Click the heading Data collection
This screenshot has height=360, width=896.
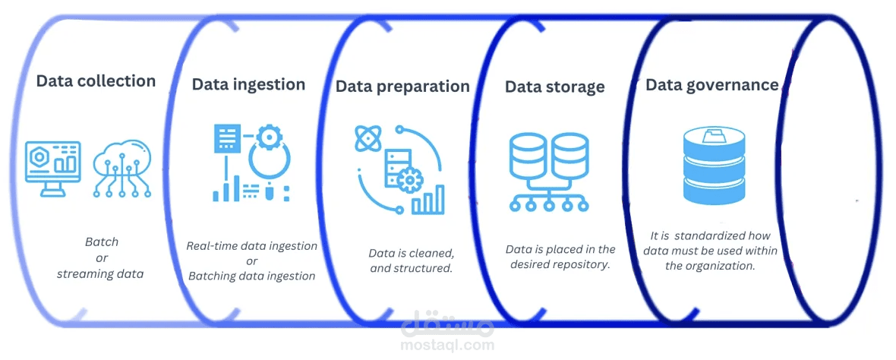click(96, 81)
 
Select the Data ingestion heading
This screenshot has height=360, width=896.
click(248, 84)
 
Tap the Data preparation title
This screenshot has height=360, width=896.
click(402, 87)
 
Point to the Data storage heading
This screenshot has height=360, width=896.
click(554, 87)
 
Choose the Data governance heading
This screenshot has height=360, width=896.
click(711, 85)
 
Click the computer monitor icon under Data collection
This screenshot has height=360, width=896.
click(53, 165)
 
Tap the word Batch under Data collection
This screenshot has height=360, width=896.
click(101, 242)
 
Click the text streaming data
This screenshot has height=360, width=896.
click(100, 273)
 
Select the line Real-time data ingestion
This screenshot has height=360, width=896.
click(251, 246)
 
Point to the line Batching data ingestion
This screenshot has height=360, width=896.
click(251, 276)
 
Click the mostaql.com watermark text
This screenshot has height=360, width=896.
click(448, 345)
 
